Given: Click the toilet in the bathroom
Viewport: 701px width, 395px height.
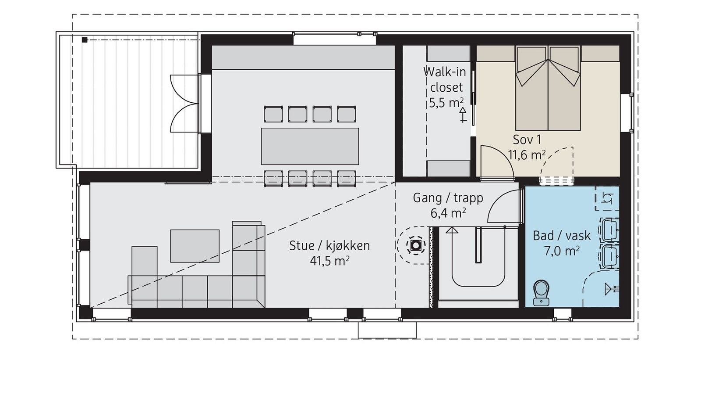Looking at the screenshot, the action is [542, 293].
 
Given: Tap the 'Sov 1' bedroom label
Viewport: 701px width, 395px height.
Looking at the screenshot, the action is [527, 140].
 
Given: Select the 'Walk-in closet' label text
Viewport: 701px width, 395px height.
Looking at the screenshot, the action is [445, 79].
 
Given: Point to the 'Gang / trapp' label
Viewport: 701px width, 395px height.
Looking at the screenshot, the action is [448, 198].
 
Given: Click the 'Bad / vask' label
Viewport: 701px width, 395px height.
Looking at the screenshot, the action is [562, 236].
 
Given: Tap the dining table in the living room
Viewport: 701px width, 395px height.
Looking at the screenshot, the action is [310, 146].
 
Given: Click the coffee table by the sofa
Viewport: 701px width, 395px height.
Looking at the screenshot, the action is [195, 246].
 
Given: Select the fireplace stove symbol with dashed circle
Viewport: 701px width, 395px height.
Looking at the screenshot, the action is [416, 245].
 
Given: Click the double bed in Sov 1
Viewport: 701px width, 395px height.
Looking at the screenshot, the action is [548, 88].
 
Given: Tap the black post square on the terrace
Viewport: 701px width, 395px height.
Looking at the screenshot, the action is [85, 40].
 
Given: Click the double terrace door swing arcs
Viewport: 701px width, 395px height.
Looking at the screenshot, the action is [184, 104].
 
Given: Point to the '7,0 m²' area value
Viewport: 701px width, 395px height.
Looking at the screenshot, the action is [562, 251].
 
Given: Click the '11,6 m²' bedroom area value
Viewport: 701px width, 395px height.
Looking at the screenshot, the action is [527, 155].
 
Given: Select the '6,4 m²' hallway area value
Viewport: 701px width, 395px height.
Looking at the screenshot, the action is [448, 213].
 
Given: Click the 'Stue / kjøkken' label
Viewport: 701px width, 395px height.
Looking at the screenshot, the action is [329, 246].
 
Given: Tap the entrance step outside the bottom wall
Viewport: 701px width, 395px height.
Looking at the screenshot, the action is [387, 330].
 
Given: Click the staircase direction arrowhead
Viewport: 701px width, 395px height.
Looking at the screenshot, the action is [452, 230].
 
